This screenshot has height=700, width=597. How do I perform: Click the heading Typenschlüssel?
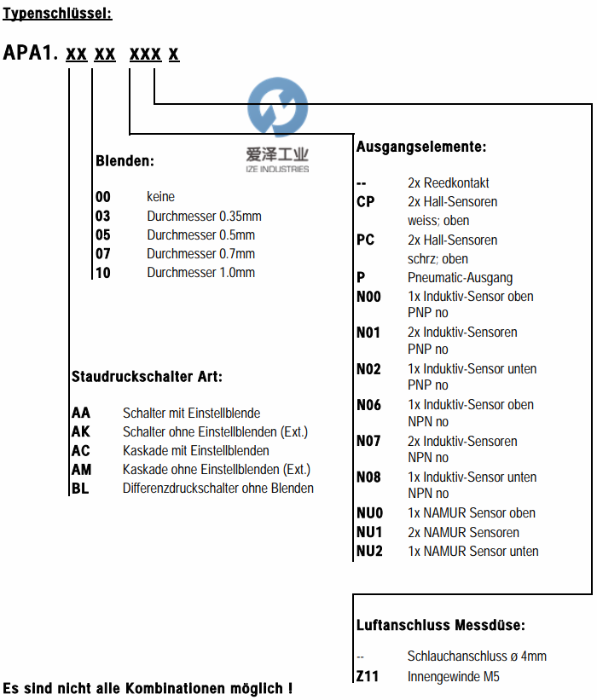point(57,14)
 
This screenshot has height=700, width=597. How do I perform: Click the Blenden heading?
point(125,160)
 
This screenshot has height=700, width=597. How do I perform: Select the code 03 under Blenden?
point(103,216)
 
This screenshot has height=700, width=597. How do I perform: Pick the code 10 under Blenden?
point(103,273)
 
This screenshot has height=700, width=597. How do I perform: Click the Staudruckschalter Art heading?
point(147,375)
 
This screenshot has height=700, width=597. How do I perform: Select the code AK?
point(81,431)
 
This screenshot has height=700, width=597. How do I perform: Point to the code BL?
point(81,489)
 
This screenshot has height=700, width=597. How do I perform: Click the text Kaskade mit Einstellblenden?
point(195,450)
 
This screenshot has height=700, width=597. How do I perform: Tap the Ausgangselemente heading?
point(421,147)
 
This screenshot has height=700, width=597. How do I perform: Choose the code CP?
point(366,202)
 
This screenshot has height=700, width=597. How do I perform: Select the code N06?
point(369,405)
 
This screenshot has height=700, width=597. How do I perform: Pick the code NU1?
point(370,532)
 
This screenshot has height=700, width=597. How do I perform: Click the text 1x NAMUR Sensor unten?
point(472,552)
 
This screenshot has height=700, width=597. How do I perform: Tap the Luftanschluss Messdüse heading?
point(440,625)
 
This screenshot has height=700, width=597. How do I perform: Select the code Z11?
point(368,677)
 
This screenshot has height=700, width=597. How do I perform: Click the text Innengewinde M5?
point(454,677)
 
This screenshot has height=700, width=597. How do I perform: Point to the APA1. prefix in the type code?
point(30,54)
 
